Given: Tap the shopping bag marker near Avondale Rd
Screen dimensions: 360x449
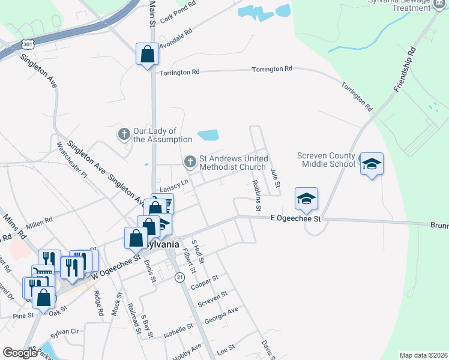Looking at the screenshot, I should (x=147, y=55).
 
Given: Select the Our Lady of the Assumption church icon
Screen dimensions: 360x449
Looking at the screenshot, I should (x=124, y=134).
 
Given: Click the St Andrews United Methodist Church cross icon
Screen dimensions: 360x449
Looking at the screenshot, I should (x=190, y=161).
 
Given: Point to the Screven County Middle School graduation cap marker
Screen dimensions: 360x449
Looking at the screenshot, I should (x=372, y=163).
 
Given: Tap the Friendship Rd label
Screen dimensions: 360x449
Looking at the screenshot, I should (x=405, y=70).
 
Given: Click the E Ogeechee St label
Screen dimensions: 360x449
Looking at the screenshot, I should (x=295, y=219).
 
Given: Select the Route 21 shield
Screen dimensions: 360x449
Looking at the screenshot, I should (x=179, y=277).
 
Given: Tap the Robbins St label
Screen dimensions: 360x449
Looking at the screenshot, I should (x=256, y=196).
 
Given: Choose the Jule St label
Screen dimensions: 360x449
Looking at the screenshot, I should (x=275, y=178).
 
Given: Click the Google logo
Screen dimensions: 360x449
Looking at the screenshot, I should (x=20, y=353).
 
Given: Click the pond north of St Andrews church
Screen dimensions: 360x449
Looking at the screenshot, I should (x=208, y=135).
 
